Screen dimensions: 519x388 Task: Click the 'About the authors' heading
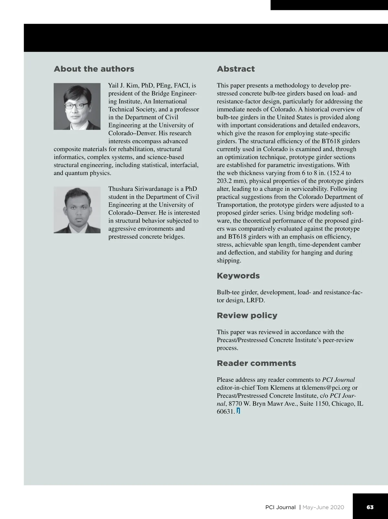(x=94, y=69)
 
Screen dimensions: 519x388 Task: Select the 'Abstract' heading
(x=236, y=69)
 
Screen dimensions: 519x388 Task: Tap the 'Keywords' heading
(x=238, y=276)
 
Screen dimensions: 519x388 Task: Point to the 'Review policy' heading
(x=247, y=315)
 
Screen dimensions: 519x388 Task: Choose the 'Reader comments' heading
(x=256, y=363)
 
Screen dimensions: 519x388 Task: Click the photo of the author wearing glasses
(x=77, y=106)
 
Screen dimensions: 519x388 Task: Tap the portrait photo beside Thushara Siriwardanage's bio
(x=77, y=210)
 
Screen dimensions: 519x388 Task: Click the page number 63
(x=370, y=507)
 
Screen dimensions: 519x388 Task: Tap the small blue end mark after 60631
(x=238, y=411)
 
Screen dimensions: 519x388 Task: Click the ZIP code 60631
(x=225, y=412)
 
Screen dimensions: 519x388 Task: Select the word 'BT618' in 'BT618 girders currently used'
(x=331, y=141)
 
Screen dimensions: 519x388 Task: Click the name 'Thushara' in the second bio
(x=120, y=189)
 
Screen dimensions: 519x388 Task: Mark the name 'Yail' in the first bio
(x=113, y=86)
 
